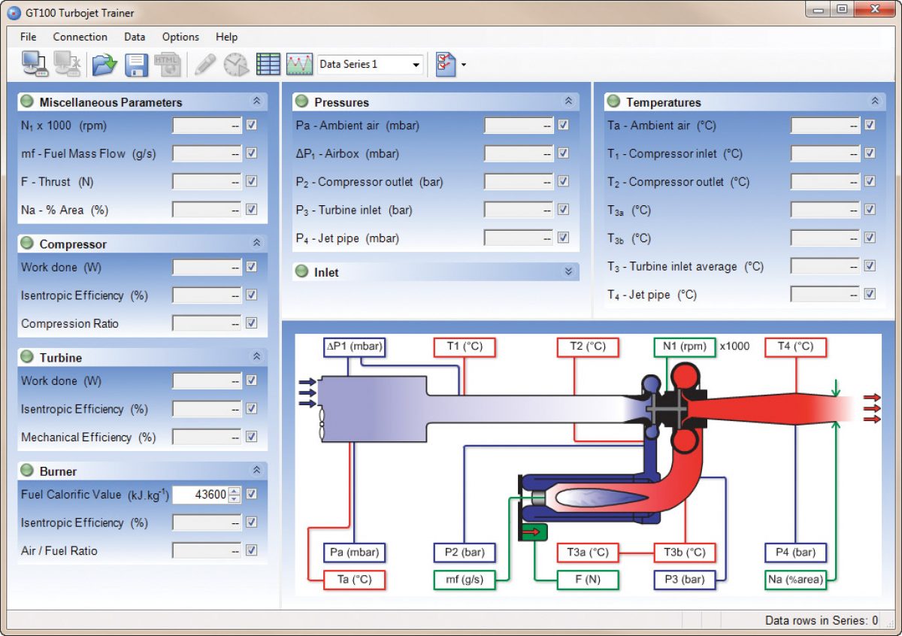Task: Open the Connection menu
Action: (80, 37)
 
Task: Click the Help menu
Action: (226, 37)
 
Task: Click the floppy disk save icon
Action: (136, 65)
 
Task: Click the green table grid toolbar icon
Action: (268, 64)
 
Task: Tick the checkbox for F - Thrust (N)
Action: (252, 181)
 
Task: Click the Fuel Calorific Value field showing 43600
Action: (201, 494)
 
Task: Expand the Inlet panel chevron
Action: (568, 271)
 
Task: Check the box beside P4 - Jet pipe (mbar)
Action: (563, 238)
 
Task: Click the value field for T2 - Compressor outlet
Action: (825, 182)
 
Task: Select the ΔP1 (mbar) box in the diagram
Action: (354, 347)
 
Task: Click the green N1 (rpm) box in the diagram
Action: (685, 347)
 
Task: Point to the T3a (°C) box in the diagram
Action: (588, 553)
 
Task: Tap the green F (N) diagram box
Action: (588, 580)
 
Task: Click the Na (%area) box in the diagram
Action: (796, 580)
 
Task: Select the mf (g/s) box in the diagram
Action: (465, 580)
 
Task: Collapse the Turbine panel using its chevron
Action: (256, 356)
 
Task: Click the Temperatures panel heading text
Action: (663, 103)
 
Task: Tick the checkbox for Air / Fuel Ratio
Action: (252, 550)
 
